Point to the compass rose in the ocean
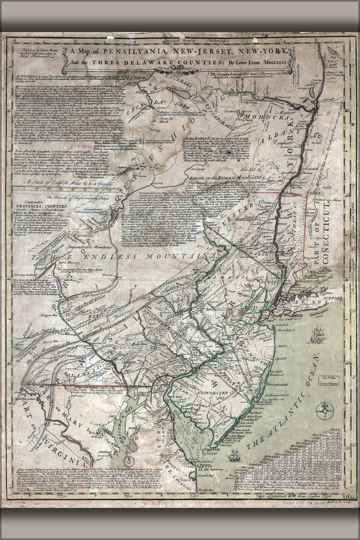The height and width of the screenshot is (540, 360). (324, 410)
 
